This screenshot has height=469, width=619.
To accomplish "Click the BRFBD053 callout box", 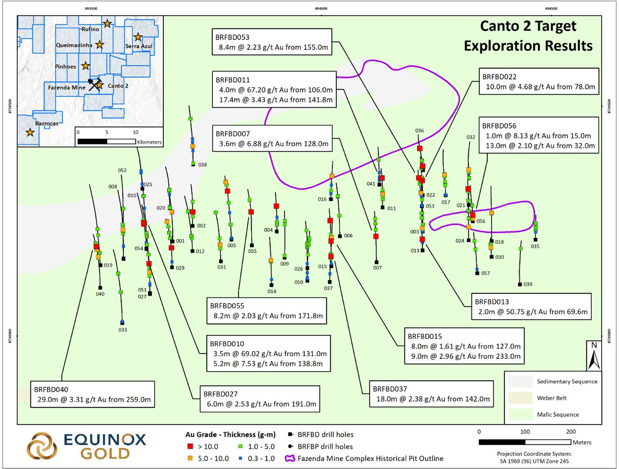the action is (x=272, y=42).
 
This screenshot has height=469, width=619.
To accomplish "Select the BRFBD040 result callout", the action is (x=92, y=394).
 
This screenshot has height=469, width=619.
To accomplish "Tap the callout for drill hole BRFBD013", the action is (x=531, y=306).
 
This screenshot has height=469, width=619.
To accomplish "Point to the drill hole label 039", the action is (x=528, y=284).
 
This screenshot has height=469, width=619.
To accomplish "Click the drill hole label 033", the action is (x=123, y=330).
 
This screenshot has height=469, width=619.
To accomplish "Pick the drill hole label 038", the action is (x=203, y=165).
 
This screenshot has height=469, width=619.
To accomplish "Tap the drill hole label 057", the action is (x=485, y=273).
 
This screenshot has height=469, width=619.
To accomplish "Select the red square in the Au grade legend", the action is (x=190, y=446).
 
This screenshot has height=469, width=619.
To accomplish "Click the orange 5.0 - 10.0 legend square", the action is (x=190, y=458).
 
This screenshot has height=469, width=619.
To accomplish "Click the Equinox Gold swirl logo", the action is (x=42, y=446).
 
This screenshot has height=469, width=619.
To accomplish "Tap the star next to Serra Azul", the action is (x=138, y=36).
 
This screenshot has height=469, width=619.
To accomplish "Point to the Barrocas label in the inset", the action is (x=47, y=124).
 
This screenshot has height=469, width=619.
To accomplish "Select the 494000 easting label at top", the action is (x=321, y=8).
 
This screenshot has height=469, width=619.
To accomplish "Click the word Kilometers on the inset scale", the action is (x=149, y=142).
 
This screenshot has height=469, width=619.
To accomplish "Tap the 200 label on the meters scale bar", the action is (x=571, y=431).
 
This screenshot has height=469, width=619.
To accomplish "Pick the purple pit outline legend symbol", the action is (x=290, y=458).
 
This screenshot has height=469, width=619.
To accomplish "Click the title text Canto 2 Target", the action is (x=528, y=26).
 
